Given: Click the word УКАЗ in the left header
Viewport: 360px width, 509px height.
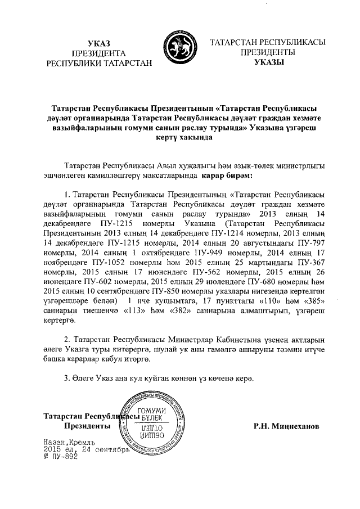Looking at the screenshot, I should [x=99, y=44].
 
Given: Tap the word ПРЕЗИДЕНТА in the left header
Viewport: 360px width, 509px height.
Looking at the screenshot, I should [x=99, y=53].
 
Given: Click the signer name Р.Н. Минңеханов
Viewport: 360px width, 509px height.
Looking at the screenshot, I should [x=286, y=426].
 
